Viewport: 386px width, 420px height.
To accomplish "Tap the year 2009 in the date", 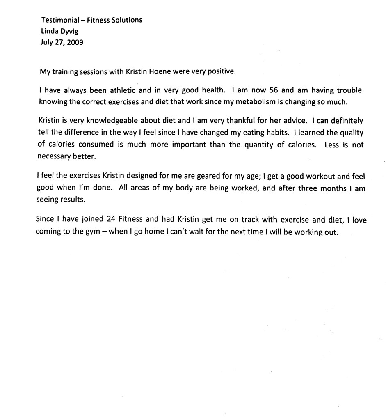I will click(x=75, y=41).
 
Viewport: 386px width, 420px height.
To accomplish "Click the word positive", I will click(x=222, y=71).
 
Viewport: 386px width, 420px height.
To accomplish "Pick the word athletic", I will click(x=121, y=90).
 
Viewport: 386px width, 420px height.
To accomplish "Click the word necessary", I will click(x=54, y=156).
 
